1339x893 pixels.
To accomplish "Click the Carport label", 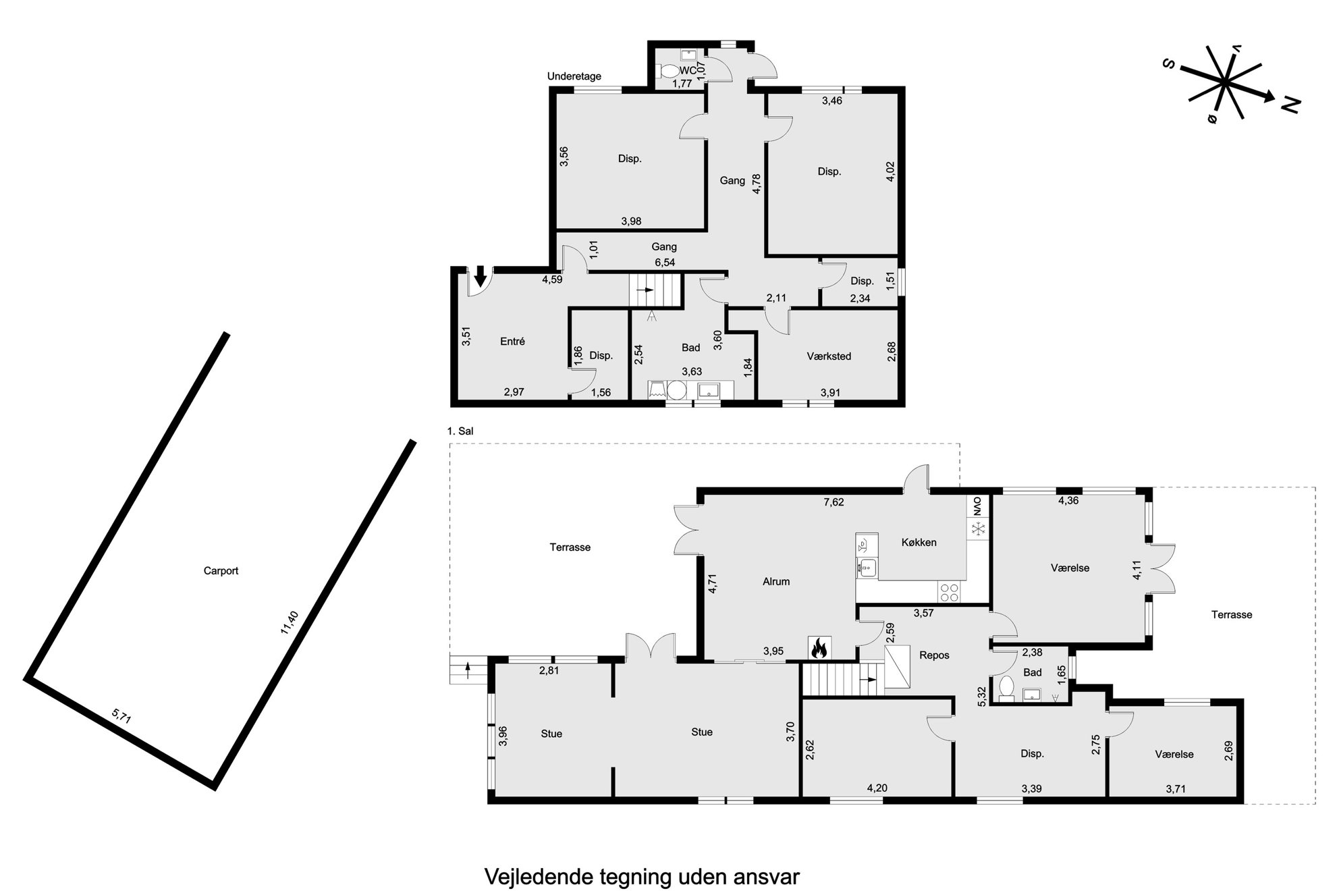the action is tap(221, 571).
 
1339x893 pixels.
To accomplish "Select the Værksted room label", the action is tap(829, 356).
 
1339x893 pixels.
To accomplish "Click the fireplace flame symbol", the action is tap(819, 649).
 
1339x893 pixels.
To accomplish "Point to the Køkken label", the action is tap(919, 543).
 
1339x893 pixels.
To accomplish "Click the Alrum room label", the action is tap(776, 582).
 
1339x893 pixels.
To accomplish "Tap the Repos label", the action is tap(934, 655).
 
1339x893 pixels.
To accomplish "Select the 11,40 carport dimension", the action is tap(289, 622).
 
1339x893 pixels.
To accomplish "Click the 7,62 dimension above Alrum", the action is tap(834, 502).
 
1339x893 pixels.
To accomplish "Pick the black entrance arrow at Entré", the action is tap(480, 276).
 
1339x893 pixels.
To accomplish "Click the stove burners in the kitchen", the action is tap(949, 592).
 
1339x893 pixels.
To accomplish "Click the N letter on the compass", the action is tap(1290, 105).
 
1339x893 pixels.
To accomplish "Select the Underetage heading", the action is tap(574, 76).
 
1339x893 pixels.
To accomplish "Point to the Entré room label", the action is tap(512, 342).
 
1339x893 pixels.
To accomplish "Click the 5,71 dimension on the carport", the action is tap(121, 716).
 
